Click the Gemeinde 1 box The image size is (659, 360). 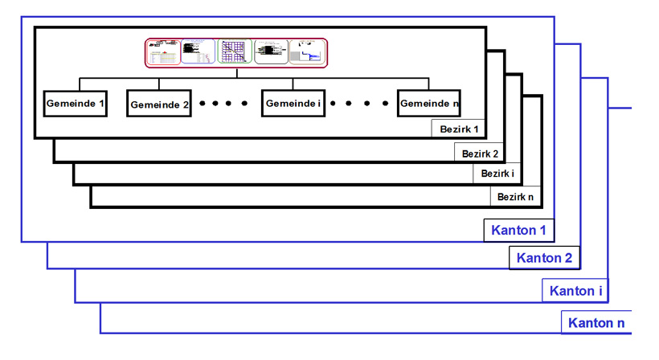click(x=75, y=103)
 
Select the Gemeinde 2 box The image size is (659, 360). click(x=159, y=104)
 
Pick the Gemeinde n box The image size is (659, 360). click(x=429, y=104)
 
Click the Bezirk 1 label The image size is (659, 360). click(x=459, y=129)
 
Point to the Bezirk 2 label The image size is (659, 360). click(x=481, y=153)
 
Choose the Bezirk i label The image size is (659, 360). click(x=497, y=174)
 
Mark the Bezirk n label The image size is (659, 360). click(x=514, y=196)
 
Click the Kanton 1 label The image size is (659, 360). click(x=519, y=231)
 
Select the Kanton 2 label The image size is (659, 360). click(x=544, y=258)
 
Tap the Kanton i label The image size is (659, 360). click(x=575, y=290)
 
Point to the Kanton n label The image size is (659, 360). click(x=596, y=323)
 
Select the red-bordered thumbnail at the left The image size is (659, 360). click(x=164, y=52)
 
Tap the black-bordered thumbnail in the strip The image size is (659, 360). click(x=271, y=52)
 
